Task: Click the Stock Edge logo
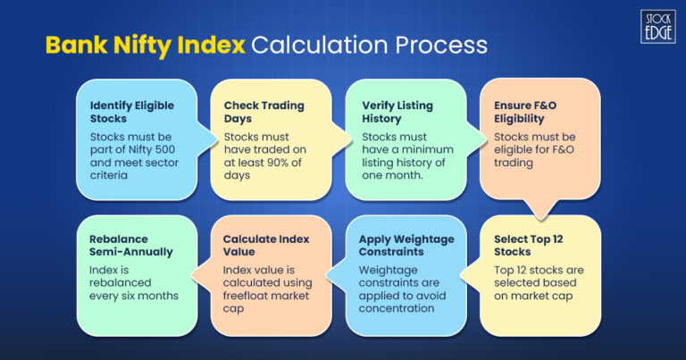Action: [x=657, y=25]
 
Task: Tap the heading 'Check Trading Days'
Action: [x=253, y=111]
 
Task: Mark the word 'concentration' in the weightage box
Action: [x=399, y=307]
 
